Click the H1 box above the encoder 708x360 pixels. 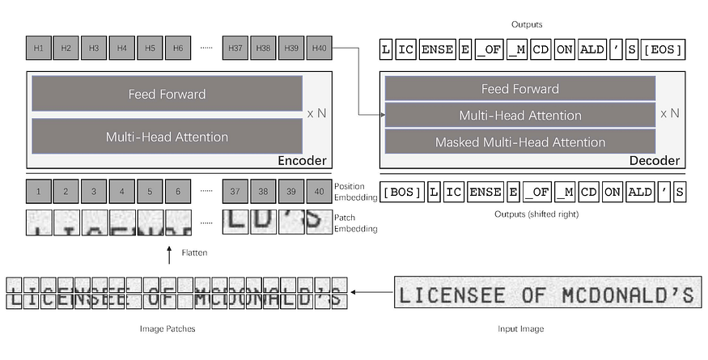(x=38, y=49)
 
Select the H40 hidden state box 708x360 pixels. (x=319, y=49)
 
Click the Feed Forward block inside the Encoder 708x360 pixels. (x=167, y=94)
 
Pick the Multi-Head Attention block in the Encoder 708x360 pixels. (x=167, y=137)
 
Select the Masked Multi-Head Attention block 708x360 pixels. (x=520, y=142)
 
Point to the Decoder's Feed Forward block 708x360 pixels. (x=520, y=89)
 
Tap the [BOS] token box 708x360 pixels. (x=402, y=193)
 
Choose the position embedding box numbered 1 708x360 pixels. (x=38, y=193)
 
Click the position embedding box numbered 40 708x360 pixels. (x=319, y=193)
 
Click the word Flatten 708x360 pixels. (x=194, y=253)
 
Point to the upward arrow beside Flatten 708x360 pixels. (x=168, y=255)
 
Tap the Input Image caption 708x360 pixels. (x=519, y=329)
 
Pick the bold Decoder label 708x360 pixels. (x=654, y=161)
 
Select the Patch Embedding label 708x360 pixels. (x=355, y=223)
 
